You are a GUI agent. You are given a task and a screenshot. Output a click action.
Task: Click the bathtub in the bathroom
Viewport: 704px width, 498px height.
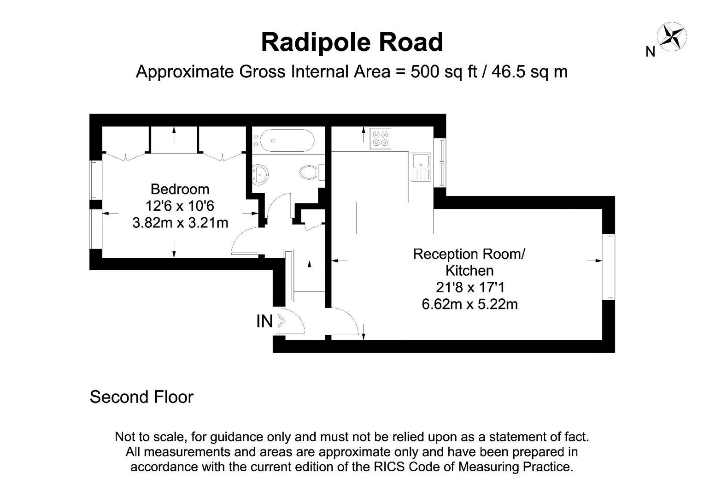tap(284, 140)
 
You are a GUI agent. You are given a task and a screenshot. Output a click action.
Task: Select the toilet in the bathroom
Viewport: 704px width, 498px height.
tap(309, 173)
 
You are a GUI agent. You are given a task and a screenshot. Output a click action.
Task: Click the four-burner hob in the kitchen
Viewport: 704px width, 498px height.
tap(381, 138)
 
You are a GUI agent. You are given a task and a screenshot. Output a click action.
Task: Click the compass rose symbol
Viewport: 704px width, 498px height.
tap(672, 36)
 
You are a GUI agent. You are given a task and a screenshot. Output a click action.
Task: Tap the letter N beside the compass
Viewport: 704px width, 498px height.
tap(650, 52)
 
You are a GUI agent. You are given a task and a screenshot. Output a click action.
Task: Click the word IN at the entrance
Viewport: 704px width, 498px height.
tap(264, 321)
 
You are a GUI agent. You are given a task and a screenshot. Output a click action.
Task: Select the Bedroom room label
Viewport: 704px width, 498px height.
tap(180, 189)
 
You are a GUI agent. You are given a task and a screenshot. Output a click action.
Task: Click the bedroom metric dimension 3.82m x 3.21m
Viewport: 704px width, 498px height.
tap(180, 223)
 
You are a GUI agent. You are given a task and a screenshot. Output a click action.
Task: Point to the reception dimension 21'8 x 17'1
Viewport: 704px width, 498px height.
tap(470, 288)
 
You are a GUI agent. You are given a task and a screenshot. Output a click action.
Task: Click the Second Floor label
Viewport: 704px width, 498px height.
tap(141, 397)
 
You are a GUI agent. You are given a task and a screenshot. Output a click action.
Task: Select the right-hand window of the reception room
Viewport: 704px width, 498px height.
tap(609, 267)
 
